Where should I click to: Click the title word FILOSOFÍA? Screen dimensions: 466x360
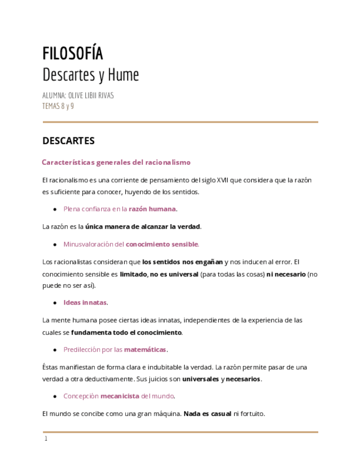point(73,54)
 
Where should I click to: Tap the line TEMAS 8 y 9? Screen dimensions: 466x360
point(58,106)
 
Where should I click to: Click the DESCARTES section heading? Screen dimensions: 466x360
point(69,141)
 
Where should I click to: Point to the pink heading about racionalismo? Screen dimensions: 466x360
point(116,162)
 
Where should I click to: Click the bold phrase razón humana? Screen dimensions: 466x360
point(152,209)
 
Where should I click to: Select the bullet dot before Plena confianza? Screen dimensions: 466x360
point(55,209)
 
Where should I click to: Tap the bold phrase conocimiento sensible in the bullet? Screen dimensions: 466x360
point(162,244)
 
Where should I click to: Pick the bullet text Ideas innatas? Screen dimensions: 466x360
point(85,302)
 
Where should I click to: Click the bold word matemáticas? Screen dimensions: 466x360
point(145,349)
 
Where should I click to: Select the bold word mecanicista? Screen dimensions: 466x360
point(120,396)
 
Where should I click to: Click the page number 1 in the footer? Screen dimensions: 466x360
point(46,439)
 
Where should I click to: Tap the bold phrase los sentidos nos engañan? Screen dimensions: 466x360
point(182,262)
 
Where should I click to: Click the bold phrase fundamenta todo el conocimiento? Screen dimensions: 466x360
point(126,332)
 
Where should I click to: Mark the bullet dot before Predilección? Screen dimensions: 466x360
point(55,350)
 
